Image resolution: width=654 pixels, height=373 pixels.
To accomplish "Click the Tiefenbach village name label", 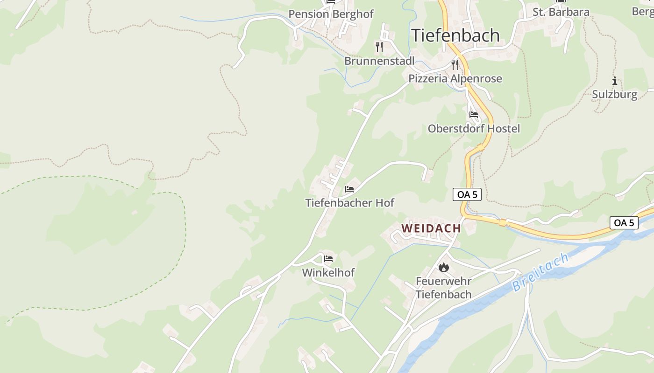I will [455, 35].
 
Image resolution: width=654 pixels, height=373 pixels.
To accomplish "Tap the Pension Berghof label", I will [331, 14].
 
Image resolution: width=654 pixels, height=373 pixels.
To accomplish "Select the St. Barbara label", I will [561, 12].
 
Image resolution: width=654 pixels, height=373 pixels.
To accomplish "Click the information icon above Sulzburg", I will [614, 81].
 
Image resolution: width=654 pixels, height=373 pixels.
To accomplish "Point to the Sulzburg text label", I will [614, 95].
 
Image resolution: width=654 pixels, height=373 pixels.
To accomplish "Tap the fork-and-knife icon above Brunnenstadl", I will [379, 47].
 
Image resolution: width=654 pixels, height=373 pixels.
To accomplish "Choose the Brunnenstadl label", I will [379, 61].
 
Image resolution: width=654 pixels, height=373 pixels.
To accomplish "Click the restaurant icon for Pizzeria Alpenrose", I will [455, 65].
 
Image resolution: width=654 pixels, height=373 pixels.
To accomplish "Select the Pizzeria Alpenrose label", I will [455, 79].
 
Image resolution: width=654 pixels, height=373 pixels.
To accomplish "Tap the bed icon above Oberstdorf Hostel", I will [474, 115].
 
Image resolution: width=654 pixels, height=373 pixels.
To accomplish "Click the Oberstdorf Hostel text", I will [474, 129].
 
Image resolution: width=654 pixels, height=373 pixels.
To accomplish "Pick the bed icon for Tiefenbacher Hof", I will [349, 189].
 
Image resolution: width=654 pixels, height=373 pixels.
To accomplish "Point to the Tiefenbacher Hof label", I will [349, 203].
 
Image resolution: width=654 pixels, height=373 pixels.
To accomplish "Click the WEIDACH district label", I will [431, 228].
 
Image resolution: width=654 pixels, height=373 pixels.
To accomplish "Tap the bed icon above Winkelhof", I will [328, 259].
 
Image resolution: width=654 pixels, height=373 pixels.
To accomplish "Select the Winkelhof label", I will [328, 273].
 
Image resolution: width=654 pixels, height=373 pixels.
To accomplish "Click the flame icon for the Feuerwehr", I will [443, 268].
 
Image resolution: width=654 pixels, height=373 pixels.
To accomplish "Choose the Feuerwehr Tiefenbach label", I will [443, 288].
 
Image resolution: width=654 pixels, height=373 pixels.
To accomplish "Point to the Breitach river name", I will [540, 273].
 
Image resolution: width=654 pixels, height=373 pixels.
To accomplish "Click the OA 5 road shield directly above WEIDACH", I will [467, 195].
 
